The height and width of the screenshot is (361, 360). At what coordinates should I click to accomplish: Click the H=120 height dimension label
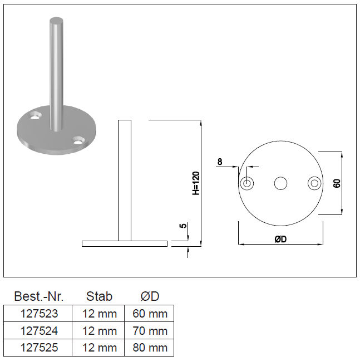pyautogui.click(x=196, y=183)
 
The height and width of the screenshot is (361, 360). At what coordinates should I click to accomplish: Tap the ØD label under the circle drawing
pyautogui.click(x=280, y=239)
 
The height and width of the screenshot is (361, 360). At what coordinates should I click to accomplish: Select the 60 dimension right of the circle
pyautogui.click(x=337, y=183)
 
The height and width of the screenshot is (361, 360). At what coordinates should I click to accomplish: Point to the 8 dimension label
pyautogui.click(x=220, y=162)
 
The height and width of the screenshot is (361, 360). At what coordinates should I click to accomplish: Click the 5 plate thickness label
pyautogui.click(x=183, y=226)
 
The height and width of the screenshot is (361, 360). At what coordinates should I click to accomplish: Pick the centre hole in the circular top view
pyautogui.click(x=280, y=183)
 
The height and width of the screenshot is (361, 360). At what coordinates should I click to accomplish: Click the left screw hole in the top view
pyautogui.click(x=247, y=183)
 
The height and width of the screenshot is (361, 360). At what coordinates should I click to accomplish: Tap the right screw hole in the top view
pyautogui.click(x=314, y=183)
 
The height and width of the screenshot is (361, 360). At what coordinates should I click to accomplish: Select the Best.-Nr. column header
pyautogui.click(x=38, y=296)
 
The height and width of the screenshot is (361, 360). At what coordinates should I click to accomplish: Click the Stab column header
pyautogui.click(x=99, y=296)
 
